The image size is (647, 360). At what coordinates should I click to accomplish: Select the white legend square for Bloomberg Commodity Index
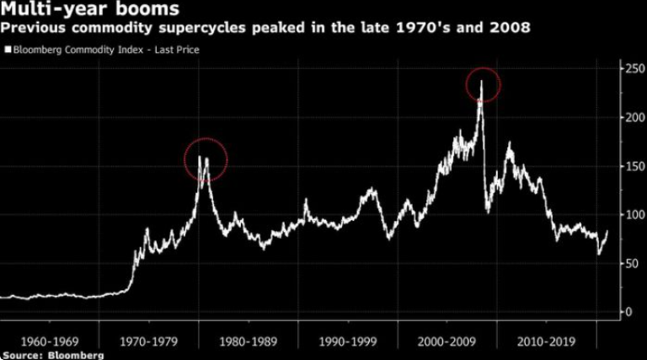pyautogui.click(x=8, y=50)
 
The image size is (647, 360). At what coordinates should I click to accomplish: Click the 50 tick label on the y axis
pyautogui.click(x=628, y=264)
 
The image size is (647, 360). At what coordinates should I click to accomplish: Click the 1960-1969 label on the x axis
pyautogui.click(x=49, y=342)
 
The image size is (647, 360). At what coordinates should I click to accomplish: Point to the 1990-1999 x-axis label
pyautogui.click(x=349, y=342)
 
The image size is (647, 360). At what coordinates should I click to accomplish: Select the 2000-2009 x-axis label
pyautogui.click(x=448, y=342)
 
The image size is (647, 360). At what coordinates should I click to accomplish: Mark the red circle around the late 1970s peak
pyautogui.click(x=206, y=159)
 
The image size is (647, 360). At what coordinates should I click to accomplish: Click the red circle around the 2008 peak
pyautogui.click(x=484, y=84)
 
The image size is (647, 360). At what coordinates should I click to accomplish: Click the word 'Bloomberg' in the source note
pyautogui.click(x=76, y=356)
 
